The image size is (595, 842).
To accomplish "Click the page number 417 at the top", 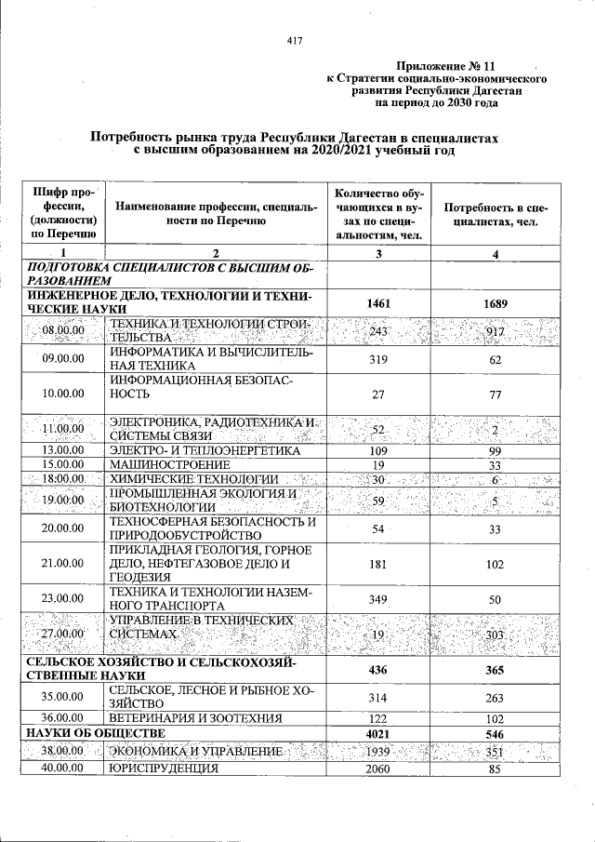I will click(x=297, y=40).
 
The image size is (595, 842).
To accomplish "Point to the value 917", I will click(x=496, y=331).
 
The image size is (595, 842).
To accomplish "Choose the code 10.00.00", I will click(x=63, y=394).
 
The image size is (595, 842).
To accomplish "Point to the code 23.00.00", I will click(x=63, y=600).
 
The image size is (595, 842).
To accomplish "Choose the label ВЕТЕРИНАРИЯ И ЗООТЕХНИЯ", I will click(x=199, y=718).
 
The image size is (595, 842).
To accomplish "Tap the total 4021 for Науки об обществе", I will click(x=377, y=733).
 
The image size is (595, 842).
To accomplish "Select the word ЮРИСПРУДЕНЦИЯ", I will click(x=164, y=768).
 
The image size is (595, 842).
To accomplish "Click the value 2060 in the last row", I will click(x=377, y=768).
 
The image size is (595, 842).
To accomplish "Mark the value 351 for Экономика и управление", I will click(x=496, y=752).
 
